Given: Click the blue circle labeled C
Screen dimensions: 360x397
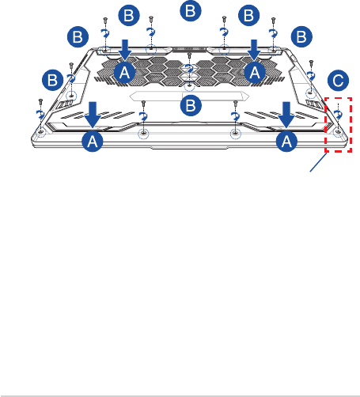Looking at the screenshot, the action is tap(338, 81).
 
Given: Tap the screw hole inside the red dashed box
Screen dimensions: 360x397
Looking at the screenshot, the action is tap(338, 131).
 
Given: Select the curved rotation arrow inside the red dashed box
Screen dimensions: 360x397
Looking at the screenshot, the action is tap(338, 115).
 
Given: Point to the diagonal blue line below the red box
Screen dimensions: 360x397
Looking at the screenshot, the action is tap(318, 162).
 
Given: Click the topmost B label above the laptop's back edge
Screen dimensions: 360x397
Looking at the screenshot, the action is tap(191, 11).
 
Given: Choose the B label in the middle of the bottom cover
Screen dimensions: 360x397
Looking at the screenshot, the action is tap(191, 105).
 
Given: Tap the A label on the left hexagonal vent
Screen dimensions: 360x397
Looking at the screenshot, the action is tap(125, 72).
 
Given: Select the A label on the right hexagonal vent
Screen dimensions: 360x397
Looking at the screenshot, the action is tap(255, 72).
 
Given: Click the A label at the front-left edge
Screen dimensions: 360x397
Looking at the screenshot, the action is tap(93, 142).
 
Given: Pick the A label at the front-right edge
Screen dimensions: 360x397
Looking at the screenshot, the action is tap(286, 142).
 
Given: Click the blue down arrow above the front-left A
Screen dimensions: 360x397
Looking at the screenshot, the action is tap(93, 115).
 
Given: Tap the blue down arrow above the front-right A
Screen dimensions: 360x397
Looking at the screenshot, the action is tap(286, 115).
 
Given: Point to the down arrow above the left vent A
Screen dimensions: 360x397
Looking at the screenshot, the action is tap(125, 50).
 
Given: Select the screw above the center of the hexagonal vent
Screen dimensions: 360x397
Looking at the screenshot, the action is tap(189, 55).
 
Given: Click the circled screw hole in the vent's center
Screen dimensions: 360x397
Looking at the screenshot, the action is tap(189, 85).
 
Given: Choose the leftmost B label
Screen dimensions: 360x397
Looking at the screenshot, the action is tap(53, 80).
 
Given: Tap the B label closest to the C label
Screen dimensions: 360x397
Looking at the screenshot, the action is tap(301, 36).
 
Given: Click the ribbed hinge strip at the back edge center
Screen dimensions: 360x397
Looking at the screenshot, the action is tap(189, 49).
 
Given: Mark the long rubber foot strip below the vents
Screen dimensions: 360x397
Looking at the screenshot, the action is tap(189, 96).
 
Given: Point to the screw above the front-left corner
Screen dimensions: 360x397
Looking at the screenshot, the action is tap(40, 101).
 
